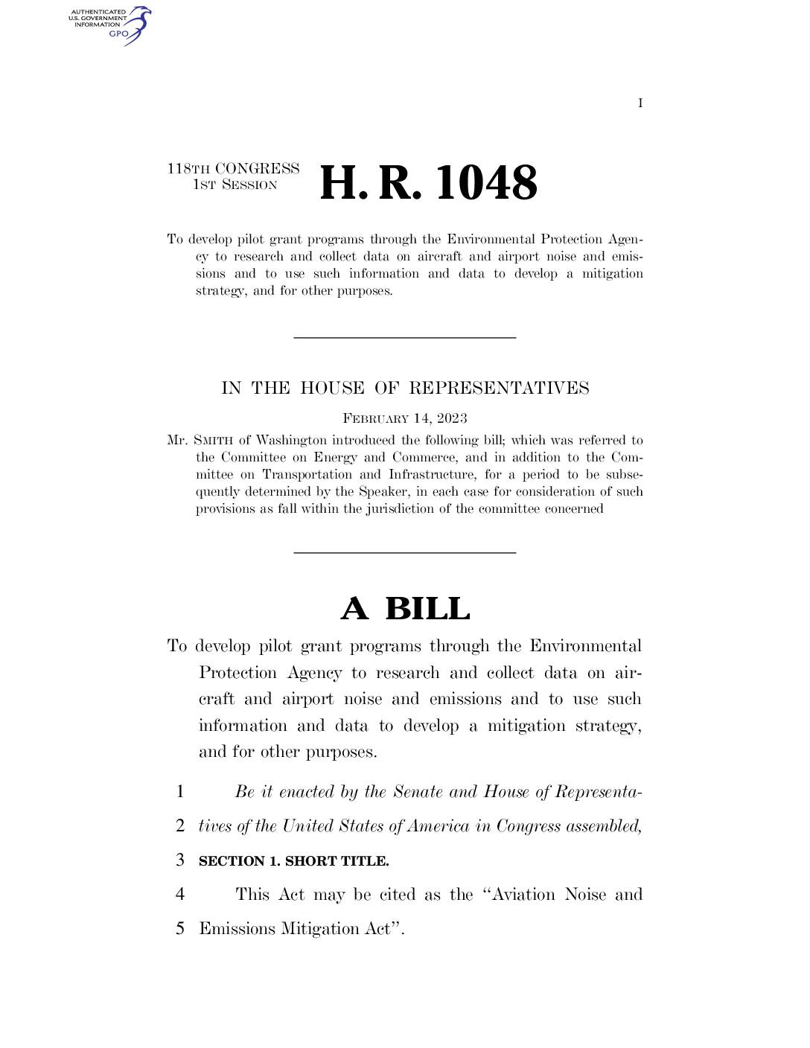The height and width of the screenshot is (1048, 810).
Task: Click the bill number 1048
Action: (486, 183)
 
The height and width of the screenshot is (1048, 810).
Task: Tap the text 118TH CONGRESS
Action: (233, 169)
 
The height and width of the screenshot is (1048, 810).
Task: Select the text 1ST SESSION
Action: (235, 185)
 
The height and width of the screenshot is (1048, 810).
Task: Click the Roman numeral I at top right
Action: (640, 103)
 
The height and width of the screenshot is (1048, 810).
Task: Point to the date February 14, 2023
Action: (405, 418)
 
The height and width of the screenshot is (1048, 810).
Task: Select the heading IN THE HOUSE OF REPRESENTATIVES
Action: (405, 388)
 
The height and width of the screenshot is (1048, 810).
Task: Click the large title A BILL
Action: (405, 609)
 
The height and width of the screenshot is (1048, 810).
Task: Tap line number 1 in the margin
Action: (179, 792)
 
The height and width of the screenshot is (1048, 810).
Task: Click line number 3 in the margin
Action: (179, 860)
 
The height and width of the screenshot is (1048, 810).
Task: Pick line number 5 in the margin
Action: (179, 929)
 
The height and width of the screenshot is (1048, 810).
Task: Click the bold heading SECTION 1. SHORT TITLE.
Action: (293, 861)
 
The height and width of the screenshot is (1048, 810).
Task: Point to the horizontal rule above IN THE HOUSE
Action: (405, 338)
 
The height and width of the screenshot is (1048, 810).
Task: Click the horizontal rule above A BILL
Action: (405, 552)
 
